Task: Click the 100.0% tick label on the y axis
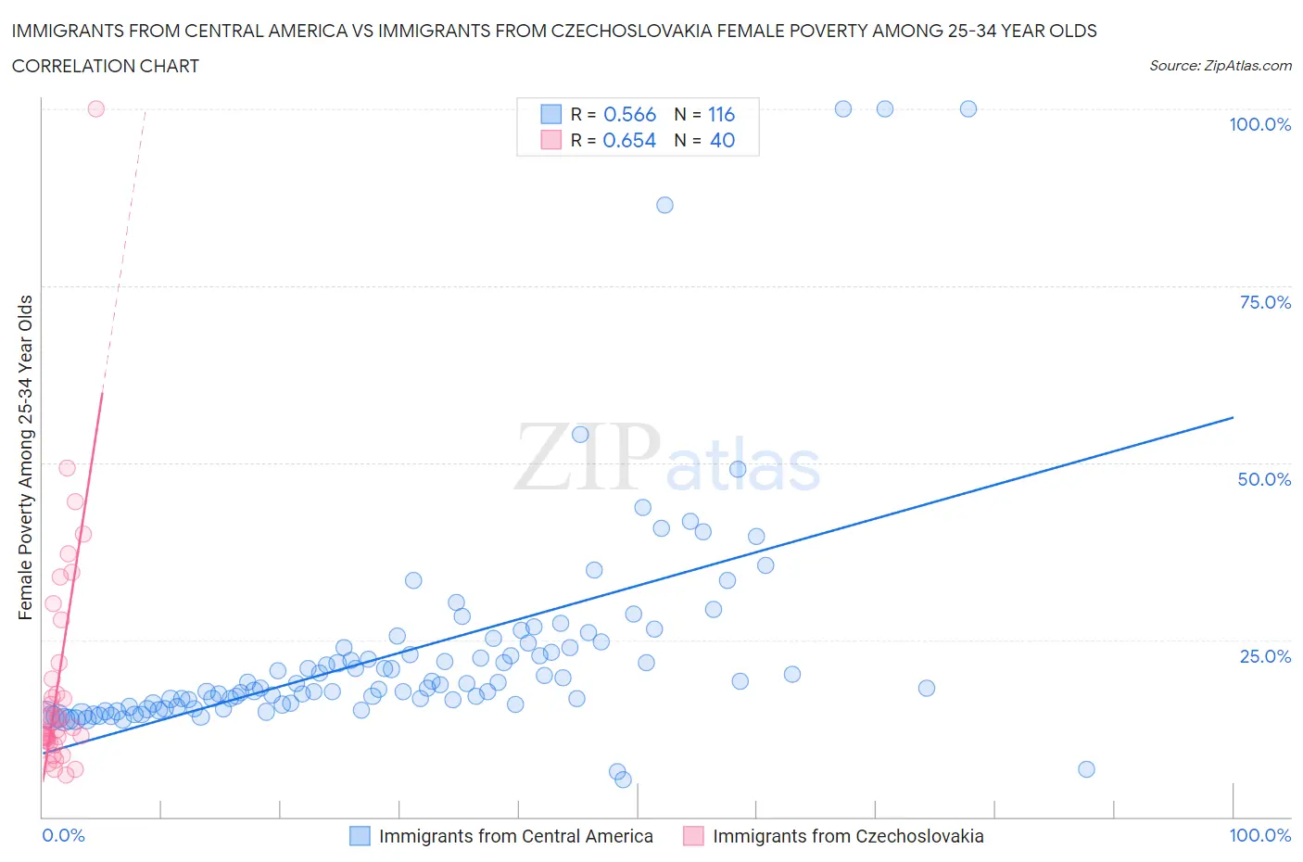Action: coord(1259,125)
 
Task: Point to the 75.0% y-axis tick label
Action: coord(1264,302)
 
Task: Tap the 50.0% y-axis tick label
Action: coord(1264,479)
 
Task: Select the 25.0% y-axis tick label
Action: coord(1264,656)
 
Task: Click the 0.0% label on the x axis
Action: coord(63,835)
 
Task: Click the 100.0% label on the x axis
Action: coord(1259,835)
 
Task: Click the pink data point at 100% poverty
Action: coord(95,108)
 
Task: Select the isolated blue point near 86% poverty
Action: coord(664,205)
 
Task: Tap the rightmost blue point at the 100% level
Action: coord(968,108)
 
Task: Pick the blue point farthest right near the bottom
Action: coord(1086,769)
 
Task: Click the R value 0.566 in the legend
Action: coord(629,114)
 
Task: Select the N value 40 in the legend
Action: coord(722,140)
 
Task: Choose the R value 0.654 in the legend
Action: coord(629,140)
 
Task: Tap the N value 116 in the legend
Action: coord(721,114)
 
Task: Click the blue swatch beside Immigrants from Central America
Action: coord(360,836)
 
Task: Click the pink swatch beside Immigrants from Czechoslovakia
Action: coord(693,836)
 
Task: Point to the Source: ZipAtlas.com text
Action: coord(1220,66)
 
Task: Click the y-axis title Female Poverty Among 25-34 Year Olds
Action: coord(26,457)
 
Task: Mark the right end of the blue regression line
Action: coord(1233,418)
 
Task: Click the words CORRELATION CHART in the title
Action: coord(106,66)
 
